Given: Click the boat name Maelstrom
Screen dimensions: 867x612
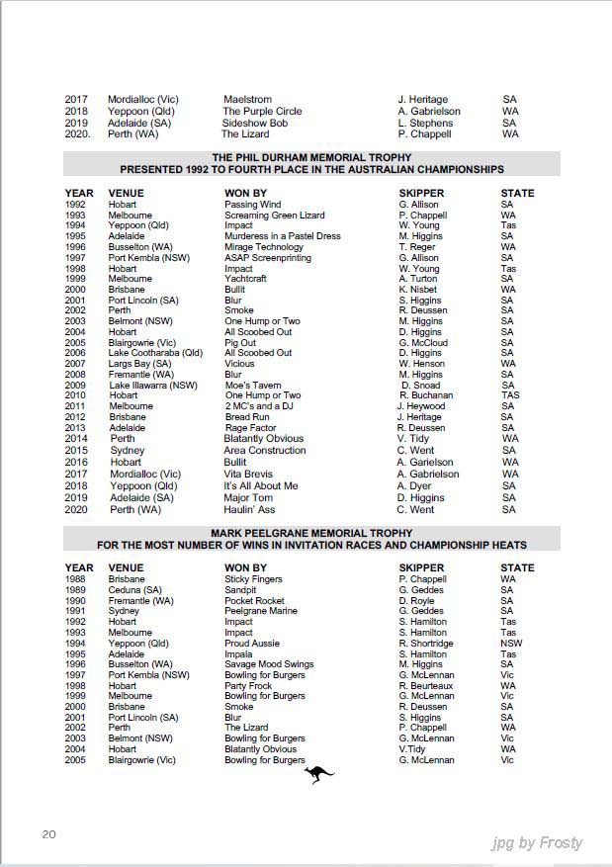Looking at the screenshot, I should coord(247,100).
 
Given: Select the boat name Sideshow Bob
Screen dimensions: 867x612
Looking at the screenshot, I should coord(255,123).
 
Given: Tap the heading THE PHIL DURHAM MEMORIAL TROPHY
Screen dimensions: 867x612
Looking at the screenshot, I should coord(311,158).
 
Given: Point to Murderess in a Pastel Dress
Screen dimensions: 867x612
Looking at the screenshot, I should coord(283,236).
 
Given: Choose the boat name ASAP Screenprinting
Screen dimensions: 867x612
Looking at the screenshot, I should coord(267,258).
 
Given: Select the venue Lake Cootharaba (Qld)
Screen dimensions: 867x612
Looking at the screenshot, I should coord(155,353).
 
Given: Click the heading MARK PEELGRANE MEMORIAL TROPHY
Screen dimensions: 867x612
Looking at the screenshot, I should coord(311,533).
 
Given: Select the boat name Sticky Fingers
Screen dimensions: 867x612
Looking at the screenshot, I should coord(253,579).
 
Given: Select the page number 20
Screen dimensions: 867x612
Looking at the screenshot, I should coord(48,834).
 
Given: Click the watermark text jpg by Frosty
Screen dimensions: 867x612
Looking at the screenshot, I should coord(537,843).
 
